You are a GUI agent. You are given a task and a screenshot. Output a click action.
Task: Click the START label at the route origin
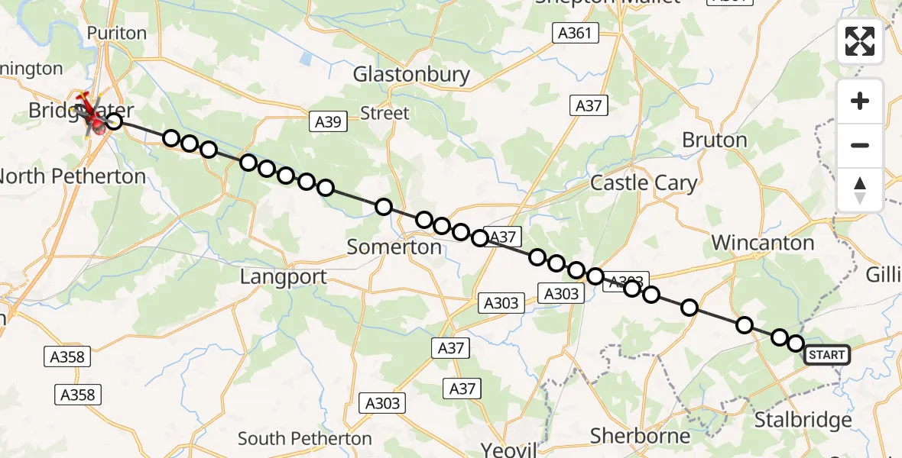tap(826, 355)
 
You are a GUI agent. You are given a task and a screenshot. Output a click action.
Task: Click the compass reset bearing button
tap(860, 190)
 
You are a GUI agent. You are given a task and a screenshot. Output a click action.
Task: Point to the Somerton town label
tap(394, 247)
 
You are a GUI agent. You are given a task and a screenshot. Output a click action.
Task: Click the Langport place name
tap(284, 277)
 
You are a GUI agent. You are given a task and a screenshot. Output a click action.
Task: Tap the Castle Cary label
tap(644, 183)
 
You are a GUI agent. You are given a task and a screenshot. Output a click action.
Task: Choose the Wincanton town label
tap(762, 243)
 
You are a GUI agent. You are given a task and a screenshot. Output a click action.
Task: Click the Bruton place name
tap(714, 140)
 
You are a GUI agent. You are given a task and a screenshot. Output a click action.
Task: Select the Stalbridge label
tap(803, 420)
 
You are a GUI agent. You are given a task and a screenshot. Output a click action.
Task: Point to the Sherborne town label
tap(641, 436)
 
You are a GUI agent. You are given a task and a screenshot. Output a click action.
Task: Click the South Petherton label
tap(304, 439)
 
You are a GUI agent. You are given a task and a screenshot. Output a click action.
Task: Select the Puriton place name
tap(116, 33)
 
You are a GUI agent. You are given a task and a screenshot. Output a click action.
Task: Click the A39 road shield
tap(329, 121)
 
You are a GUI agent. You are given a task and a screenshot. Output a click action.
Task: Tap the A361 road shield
tap(575, 33)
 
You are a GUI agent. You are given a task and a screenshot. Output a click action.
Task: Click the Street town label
tap(384, 113)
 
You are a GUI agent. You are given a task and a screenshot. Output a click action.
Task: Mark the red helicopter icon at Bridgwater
tap(93, 114)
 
